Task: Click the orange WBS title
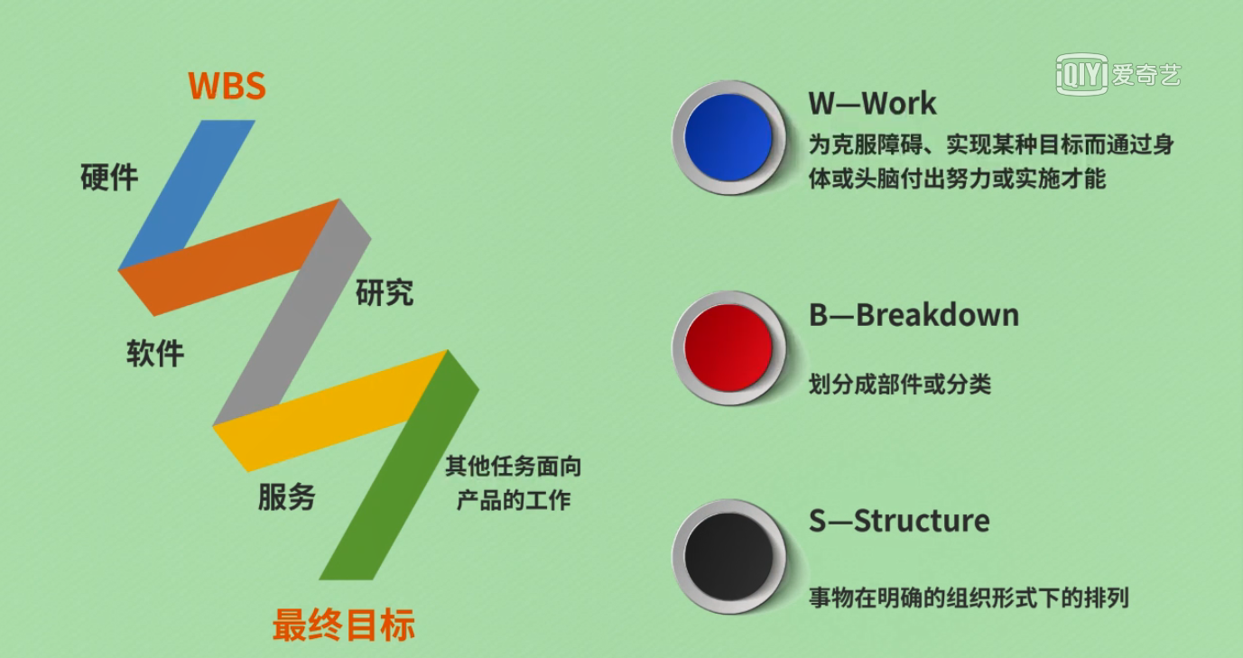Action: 227,86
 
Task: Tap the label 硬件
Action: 109,178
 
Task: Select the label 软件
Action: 155,353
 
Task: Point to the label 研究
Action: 385,292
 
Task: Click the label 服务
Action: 287,496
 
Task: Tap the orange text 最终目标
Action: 344,626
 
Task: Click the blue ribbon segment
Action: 187,194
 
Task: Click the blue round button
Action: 728,137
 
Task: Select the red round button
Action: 728,348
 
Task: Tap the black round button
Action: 728,557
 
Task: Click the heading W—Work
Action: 872,103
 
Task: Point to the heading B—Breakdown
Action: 914,315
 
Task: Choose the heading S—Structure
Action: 899,521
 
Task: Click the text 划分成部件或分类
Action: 899,384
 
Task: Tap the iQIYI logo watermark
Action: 1118,74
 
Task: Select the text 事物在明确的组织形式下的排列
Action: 969,598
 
